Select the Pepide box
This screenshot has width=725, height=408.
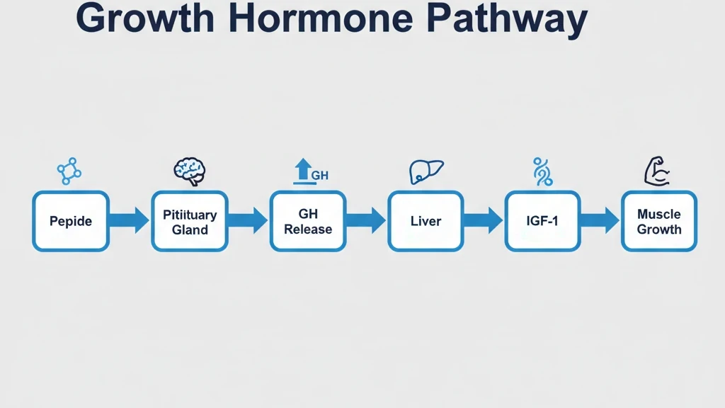click(x=71, y=221)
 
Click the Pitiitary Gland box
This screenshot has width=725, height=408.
click(x=190, y=221)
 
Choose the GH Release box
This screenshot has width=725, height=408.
click(x=308, y=221)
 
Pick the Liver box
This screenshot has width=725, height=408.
click(x=426, y=221)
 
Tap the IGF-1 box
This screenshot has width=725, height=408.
click(x=542, y=221)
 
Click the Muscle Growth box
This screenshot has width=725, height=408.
click(x=659, y=221)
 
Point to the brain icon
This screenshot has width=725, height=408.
click(x=190, y=170)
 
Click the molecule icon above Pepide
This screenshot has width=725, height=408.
click(x=69, y=171)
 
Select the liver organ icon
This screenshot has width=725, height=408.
click(x=426, y=171)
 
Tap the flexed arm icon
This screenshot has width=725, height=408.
click(x=657, y=171)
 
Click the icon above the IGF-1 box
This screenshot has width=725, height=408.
click(x=542, y=171)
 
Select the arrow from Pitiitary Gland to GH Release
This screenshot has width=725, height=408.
click(x=249, y=221)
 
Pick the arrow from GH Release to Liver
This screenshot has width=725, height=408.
click(x=367, y=221)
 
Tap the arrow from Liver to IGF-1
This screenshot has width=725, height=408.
click(x=484, y=221)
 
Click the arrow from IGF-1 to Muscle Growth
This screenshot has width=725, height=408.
click(x=601, y=221)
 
